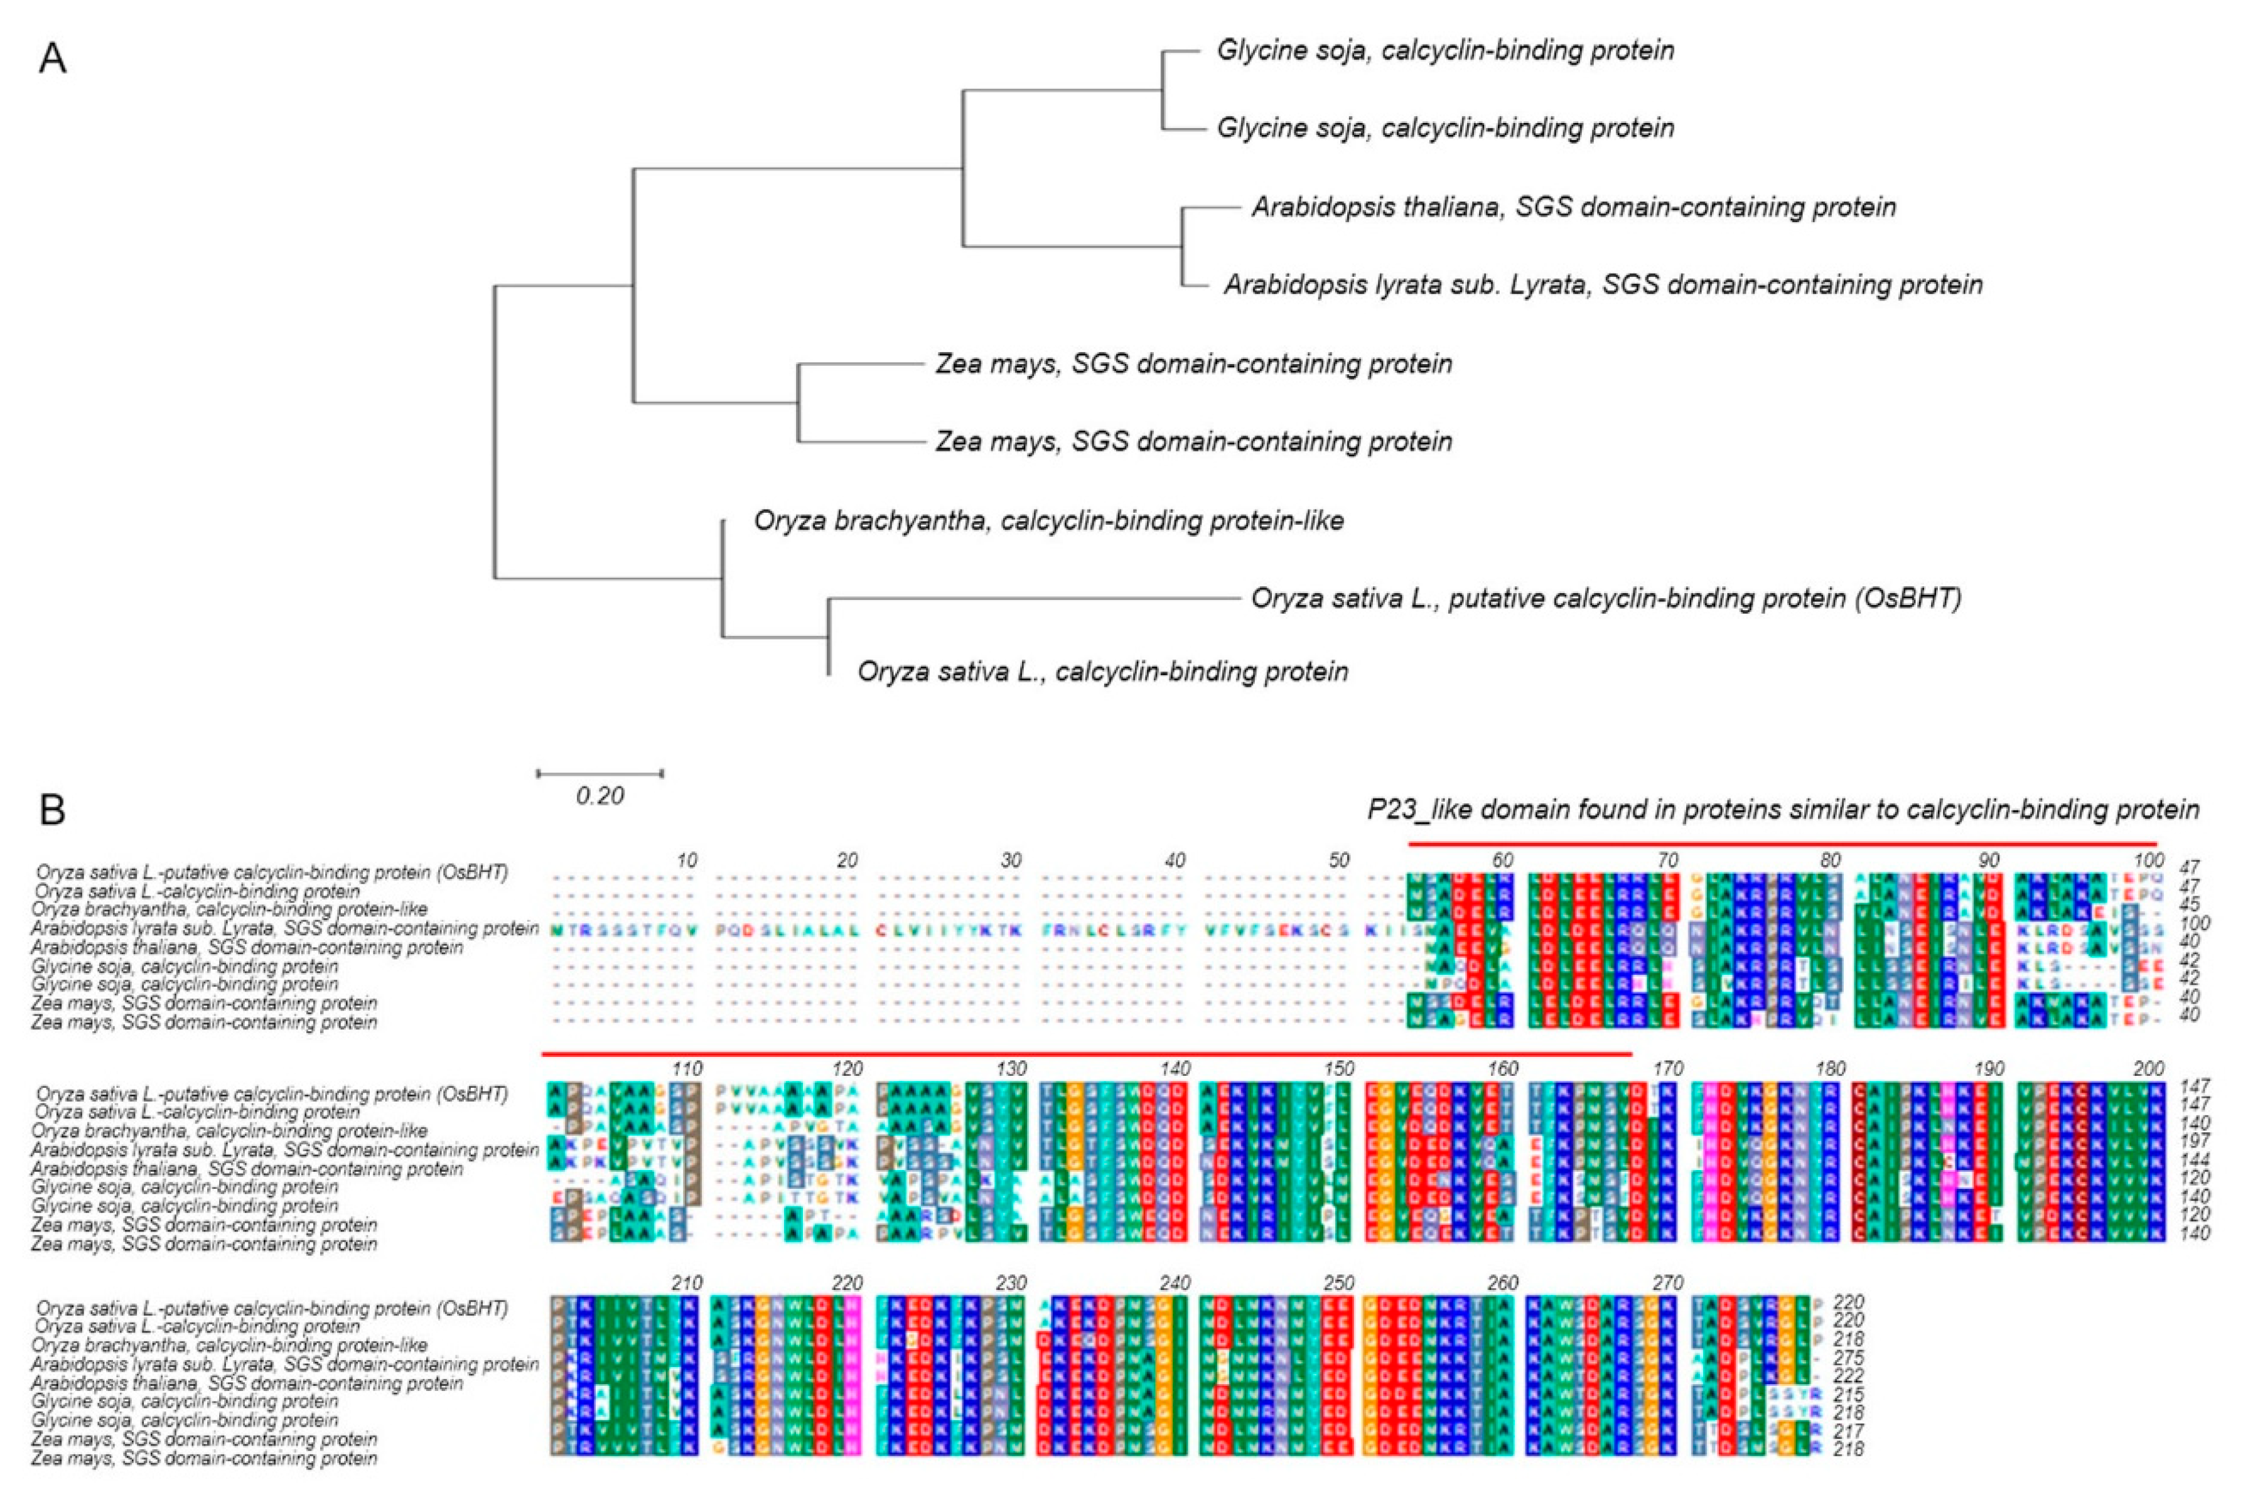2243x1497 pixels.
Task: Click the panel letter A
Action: click(x=53, y=59)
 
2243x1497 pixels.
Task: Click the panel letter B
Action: click(x=53, y=810)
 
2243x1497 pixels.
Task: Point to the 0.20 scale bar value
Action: click(x=600, y=795)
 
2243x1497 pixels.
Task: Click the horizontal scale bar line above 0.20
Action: click(x=600, y=773)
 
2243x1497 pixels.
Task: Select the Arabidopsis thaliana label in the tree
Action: click(x=1574, y=207)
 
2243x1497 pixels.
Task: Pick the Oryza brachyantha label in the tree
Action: click(x=1048, y=521)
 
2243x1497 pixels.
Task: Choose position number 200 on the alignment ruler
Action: click(x=2148, y=1068)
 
